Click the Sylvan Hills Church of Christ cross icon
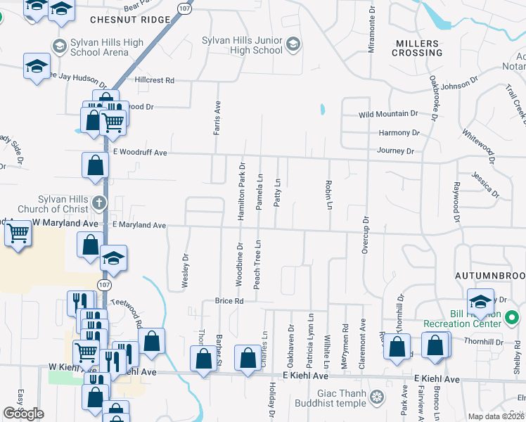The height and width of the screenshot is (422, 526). coord(99,204)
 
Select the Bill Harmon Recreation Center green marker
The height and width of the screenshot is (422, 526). coord(513,317)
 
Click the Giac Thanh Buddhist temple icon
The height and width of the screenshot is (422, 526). coord(378,398)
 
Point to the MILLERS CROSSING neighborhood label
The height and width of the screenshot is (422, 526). coord(418,48)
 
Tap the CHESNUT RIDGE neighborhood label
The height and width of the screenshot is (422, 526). coord(130,20)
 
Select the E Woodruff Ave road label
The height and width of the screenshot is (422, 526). coord(140,152)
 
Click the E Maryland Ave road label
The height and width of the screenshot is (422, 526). coord(139,225)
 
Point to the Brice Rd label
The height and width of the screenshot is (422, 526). coord(229,301)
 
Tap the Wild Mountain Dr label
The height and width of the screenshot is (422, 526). coord(388,114)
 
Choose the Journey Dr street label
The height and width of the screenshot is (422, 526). coord(395,151)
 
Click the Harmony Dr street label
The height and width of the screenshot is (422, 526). coord(399,132)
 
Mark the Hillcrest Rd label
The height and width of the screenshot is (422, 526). coord(154,81)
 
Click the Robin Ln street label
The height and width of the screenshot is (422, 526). coord(328,194)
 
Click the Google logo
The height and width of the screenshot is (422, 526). coord(24,413)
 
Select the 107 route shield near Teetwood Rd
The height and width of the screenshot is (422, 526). coord(104,285)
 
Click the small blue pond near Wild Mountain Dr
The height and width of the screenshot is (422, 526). coord(322,110)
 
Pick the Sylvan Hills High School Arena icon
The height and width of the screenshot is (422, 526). coord(60,47)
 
